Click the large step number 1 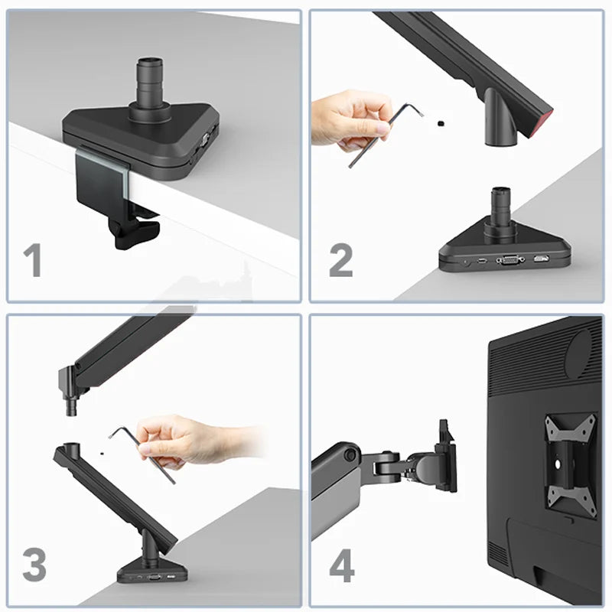pyautogui.click(x=33, y=260)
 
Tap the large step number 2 pyautogui.click(x=340, y=260)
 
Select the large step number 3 pyautogui.click(x=34, y=565)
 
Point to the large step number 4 pyautogui.click(x=342, y=565)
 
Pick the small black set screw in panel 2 pyautogui.click(x=441, y=124)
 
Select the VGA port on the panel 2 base pyautogui.click(x=510, y=259)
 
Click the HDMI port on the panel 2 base pyautogui.click(x=541, y=259)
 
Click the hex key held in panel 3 pyautogui.click(x=143, y=453)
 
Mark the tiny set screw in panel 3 pyautogui.click(x=102, y=454)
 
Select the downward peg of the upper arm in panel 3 pyautogui.click(x=71, y=407)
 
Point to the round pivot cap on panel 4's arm pyautogui.click(x=350, y=454)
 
